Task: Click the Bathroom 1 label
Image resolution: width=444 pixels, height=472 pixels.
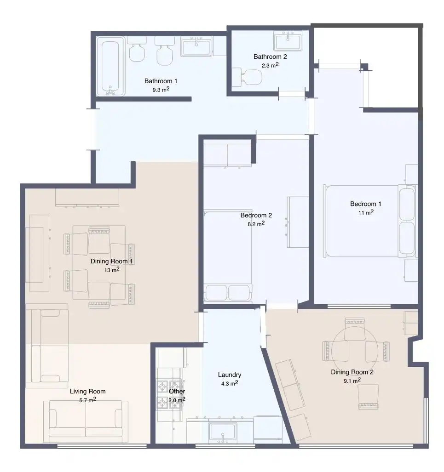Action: click(x=161, y=81)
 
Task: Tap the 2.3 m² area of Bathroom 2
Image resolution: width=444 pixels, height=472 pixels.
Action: click(x=270, y=65)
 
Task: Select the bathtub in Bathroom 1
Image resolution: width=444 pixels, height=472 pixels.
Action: click(x=110, y=67)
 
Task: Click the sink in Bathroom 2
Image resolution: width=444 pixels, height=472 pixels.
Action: click(x=288, y=41)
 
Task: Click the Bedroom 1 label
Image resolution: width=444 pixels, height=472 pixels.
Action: click(x=366, y=204)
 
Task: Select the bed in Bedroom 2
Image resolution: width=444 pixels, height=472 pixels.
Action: click(x=228, y=256)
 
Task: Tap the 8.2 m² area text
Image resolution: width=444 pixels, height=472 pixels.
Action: click(x=256, y=224)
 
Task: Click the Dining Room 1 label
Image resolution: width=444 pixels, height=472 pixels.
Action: click(x=111, y=262)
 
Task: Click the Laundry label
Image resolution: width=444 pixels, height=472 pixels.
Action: click(x=230, y=375)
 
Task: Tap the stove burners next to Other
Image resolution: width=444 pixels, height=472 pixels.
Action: click(x=169, y=394)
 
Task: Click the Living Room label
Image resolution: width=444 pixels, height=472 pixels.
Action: click(x=88, y=391)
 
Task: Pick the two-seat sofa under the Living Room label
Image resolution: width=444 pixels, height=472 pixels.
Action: click(x=86, y=421)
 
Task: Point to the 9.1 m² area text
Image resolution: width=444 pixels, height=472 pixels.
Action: click(x=352, y=381)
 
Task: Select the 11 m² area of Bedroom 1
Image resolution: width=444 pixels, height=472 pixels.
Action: click(x=366, y=212)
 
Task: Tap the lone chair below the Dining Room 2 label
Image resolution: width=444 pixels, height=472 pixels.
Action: click(x=368, y=397)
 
